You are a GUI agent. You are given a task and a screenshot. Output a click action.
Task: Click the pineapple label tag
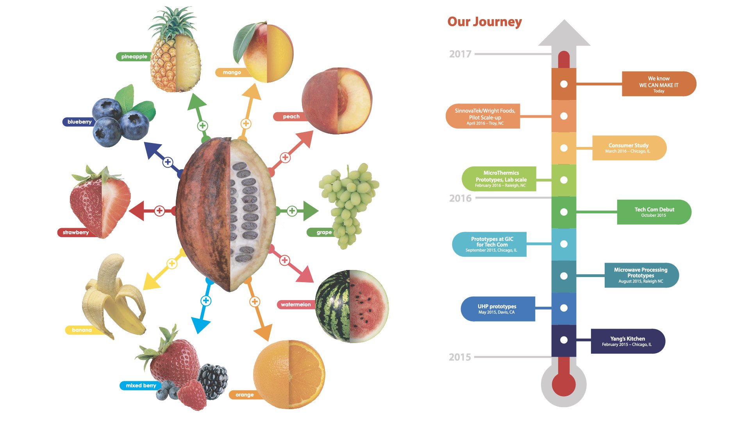[x=133, y=57]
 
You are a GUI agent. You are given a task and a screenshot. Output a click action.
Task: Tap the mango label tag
[x=232, y=72]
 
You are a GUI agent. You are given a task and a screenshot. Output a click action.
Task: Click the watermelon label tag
[x=296, y=304]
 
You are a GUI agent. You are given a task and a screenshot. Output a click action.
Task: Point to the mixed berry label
[x=140, y=386]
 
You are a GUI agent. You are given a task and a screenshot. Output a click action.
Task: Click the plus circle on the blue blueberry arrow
[x=168, y=162]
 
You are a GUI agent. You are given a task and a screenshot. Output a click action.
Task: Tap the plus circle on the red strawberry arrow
[x=159, y=211]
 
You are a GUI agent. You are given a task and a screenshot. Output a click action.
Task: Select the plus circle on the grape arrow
[x=292, y=211]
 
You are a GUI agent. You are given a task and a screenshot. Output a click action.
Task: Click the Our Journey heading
[x=484, y=22]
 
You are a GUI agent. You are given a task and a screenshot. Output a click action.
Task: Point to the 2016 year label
[x=460, y=198]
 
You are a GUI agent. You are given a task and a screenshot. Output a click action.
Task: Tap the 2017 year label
[x=460, y=54]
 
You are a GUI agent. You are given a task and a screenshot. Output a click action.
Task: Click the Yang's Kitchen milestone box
[x=628, y=341]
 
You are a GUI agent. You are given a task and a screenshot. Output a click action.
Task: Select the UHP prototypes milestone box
[x=498, y=309]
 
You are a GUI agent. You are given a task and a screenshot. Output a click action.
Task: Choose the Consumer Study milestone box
[x=629, y=148]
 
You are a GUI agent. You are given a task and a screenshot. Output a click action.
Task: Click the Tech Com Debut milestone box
[x=654, y=212]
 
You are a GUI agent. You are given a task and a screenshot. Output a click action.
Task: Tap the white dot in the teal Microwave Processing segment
[x=564, y=276]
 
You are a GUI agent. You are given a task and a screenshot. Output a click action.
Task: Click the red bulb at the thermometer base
[x=564, y=384]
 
